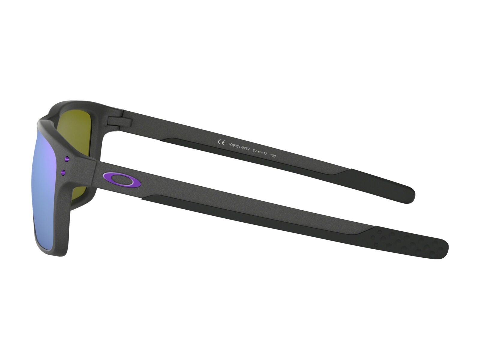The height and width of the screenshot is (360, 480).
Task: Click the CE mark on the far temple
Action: click(x=221, y=143)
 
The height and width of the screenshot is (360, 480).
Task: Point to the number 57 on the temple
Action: click(x=254, y=151)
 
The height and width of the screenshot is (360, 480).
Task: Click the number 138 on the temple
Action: click(x=273, y=156)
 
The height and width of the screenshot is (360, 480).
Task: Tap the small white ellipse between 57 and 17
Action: click(x=260, y=152)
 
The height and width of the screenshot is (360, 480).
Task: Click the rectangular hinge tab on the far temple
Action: click(x=119, y=121)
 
